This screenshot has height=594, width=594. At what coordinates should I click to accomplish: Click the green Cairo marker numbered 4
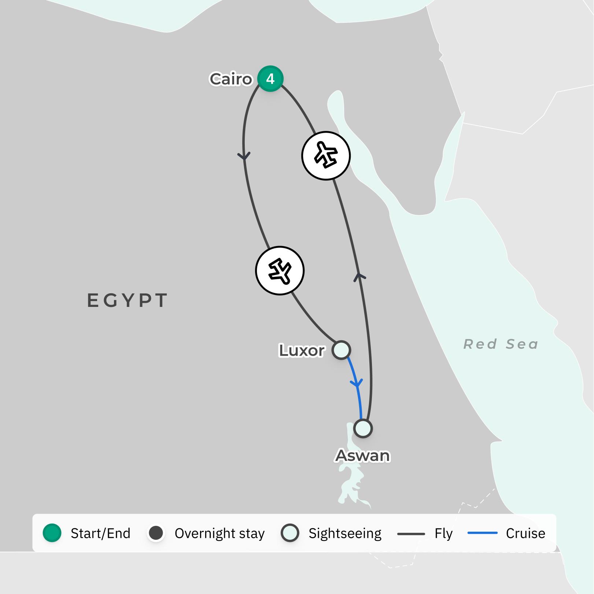(270, 78)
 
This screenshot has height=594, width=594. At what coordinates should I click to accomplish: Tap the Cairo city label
(231, 79)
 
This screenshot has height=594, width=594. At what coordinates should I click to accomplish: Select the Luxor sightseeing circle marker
(341, 350)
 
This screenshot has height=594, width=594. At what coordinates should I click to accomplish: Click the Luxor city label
(302, 351)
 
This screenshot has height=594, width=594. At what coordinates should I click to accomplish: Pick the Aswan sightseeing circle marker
(363, 428)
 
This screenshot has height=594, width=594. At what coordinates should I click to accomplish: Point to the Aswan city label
(363, 456)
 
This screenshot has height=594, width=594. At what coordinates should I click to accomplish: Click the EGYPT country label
(127, 300)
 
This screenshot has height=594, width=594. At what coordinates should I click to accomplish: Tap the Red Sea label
(501, 344)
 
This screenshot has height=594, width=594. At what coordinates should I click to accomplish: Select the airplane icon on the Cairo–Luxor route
(280, 271)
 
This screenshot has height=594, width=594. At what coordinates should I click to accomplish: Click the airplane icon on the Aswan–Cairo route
(326, 155)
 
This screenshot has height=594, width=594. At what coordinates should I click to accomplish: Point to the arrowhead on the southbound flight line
(244, 156)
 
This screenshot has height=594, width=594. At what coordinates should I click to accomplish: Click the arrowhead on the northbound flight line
(359, 276)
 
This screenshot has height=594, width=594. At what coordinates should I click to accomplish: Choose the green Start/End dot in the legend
(52, 533)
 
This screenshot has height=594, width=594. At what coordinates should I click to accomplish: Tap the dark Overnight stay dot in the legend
(156, 533)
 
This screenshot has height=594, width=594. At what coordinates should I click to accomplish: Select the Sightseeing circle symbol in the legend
(290, 533)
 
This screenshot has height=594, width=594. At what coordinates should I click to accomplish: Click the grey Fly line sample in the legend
(411, 534)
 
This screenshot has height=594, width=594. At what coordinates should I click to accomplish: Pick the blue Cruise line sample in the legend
(482, 533)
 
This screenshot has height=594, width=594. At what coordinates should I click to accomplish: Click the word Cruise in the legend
(525, 533)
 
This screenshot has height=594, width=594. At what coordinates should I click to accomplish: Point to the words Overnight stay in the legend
(219, 533)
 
